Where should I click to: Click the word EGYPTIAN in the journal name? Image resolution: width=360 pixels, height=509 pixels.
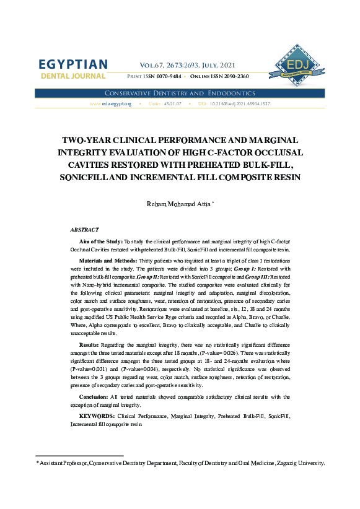click(72, 64)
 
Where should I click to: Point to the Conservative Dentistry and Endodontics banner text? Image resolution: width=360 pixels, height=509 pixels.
click(180, 92)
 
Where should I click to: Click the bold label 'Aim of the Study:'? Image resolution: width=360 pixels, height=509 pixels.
click(101, 240)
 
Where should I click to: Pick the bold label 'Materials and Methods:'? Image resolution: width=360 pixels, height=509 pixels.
click(105, 261)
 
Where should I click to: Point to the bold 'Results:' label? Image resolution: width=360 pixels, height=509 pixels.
click(92, 344)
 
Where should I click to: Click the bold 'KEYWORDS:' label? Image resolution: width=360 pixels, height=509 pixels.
click(97, 417)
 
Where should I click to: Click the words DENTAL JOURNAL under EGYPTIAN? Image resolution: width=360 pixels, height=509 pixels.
click(72, 76)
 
